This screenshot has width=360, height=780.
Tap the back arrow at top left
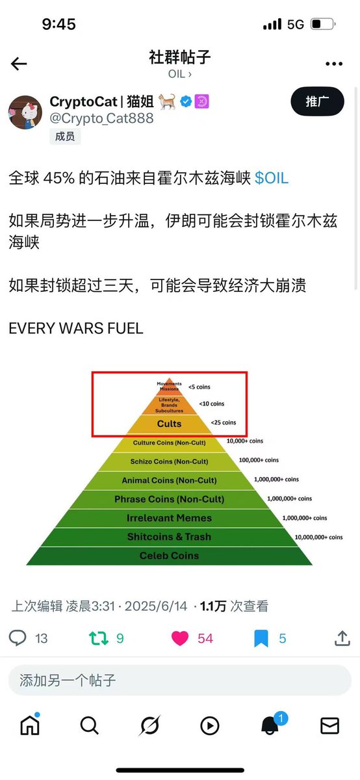(x=19, y=64)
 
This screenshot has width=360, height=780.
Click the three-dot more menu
(x=334, y=64)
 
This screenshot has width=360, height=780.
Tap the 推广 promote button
(x=317, y=101)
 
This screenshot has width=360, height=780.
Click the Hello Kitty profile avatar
(x=25, y=112)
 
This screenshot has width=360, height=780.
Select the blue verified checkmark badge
(x=186, y=101)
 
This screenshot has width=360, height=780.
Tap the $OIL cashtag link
(x=271, y=178)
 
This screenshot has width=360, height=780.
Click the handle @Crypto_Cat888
(x=101, y=118)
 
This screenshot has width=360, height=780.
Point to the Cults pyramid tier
(x=169, y=424)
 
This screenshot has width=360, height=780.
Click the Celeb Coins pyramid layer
(x=169, y=555)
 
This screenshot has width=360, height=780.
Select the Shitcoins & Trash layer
(x=169, y=537)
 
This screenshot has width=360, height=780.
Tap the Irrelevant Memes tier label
(x=169, y=518)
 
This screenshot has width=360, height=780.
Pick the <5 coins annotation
(x=199, y=387)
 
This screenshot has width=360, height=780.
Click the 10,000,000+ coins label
(x=318, y=538)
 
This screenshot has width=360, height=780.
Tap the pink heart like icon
(x=180, y=638)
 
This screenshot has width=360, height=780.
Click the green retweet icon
(x=99, y=638)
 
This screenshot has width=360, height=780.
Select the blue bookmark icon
(x=261, y=638)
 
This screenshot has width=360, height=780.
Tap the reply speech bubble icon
(x=18, y=638)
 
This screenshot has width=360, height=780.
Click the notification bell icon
(x=270, y=726)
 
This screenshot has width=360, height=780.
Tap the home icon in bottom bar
(x=30, y=725)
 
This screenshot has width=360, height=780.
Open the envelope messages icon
(x=329, y=725)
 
